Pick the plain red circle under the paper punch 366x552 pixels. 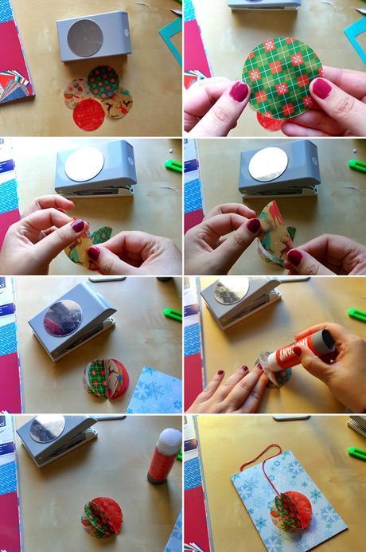pos(88,115)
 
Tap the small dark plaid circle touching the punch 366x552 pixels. pos(103,80)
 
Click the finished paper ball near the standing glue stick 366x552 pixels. pos(101,515)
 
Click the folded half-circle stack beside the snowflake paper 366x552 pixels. pos(105,378)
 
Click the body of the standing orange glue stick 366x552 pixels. pos(161,466)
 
